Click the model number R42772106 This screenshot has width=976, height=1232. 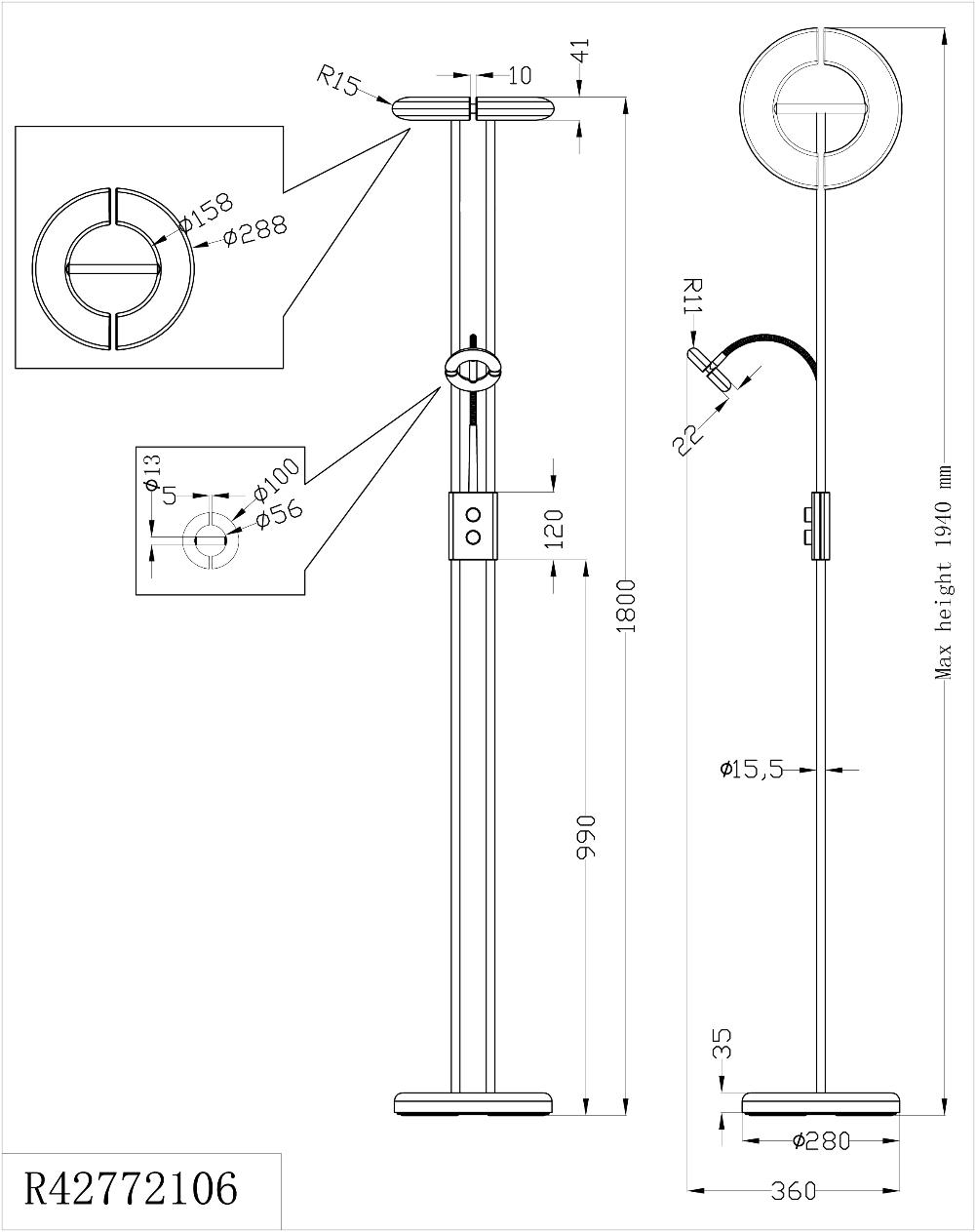coord(130,1189)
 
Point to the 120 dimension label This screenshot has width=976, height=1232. coord(556,528)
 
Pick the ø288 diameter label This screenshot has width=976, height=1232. coord(254,230)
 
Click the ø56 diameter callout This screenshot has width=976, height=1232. coord(279,514)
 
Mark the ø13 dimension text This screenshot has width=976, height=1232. coord(151,471)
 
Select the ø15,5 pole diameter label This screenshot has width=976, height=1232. coord(752,769)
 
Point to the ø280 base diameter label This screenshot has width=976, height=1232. coord(821,1140)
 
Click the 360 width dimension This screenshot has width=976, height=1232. coord(792,1191)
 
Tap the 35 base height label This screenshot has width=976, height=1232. coord(722,1044)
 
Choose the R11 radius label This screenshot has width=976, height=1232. coord(691,295)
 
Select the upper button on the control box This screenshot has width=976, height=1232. coord(474,514)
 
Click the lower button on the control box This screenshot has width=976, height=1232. coord(474,537)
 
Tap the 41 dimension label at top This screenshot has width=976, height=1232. coord(582,51)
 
